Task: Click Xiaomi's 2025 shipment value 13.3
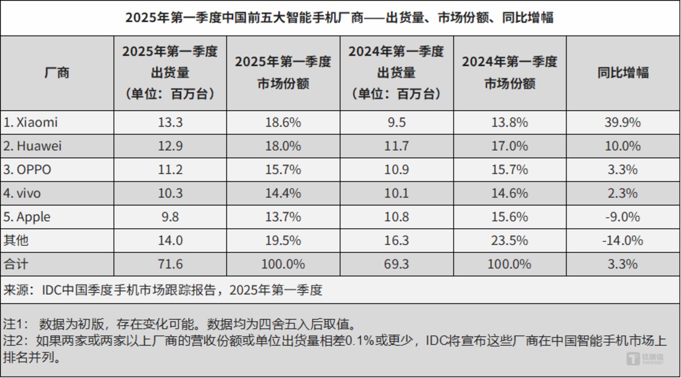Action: point(170,123)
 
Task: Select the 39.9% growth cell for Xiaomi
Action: point(623,123)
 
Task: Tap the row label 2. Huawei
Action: point(33,146)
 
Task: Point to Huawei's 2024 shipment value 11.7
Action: point(396,146)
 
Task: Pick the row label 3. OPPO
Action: point(27,170)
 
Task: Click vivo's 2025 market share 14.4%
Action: point(283,194)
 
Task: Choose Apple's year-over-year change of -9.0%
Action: point(623,217)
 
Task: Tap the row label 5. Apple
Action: point(27,217)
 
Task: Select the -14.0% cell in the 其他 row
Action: point(623,241)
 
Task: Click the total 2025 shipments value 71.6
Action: point(170,264)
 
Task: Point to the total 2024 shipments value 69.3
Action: point(396,264)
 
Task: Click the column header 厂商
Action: point(57,73)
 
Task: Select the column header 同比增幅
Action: point(623,73)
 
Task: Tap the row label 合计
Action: point(16,264)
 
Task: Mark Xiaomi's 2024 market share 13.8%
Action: point(509,123)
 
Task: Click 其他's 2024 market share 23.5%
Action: point(509,241)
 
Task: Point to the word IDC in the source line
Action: point(52,290)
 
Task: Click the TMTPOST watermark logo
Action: point(646,359)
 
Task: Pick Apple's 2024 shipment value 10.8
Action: point(396,217)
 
